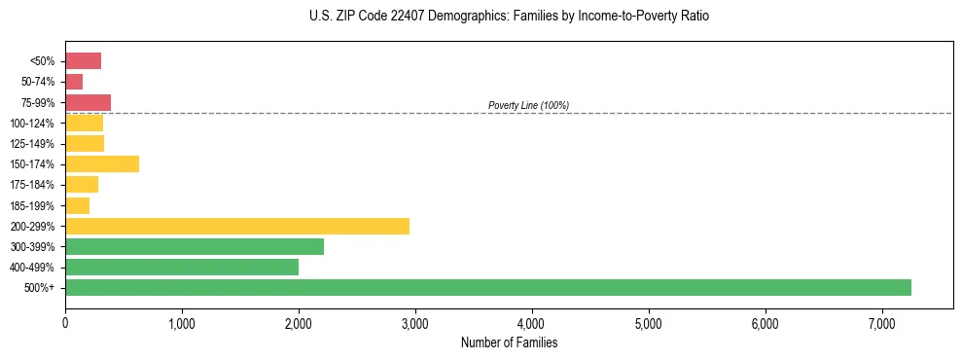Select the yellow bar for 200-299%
[x=237, y=226]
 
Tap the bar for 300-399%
[x=195, y=246]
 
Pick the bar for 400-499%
[x=182, y=267]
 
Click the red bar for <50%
[x=84, y=61]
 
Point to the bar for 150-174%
[x=102, y=163]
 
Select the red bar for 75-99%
[x=89, y=102]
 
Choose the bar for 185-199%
[x=78, y=205]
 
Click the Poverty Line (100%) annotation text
[x=528, y=105]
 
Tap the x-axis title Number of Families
[x=509, y=342]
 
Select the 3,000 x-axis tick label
[x=415, y=323]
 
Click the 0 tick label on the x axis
[x=65, y=323]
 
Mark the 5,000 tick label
[x=648, y=323]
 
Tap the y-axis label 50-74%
[x=39, y=82]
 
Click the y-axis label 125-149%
[x=34, y=144]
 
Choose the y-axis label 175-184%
[x=34, y=185]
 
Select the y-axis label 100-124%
[x=34, y=124]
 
